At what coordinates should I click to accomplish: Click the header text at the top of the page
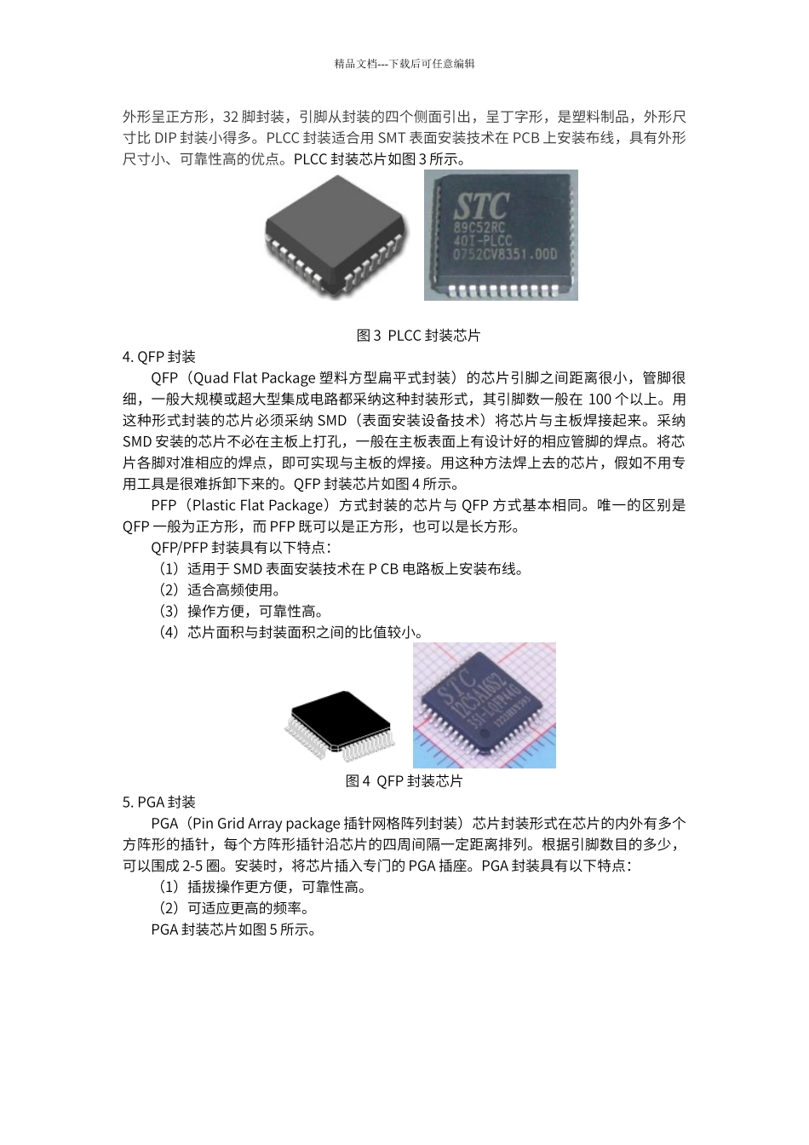[404, 63]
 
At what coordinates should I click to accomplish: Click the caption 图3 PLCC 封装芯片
[418, 336]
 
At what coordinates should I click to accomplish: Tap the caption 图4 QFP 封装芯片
[404, 780]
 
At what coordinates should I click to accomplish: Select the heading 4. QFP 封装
[159, 357]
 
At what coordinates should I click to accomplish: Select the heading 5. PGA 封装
[159, 802]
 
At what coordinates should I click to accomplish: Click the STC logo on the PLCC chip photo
[480, 205]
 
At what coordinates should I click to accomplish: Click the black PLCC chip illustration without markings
[335, 241]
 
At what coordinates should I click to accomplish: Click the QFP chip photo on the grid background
[484, 705]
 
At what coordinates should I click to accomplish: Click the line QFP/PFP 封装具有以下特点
[241, 548]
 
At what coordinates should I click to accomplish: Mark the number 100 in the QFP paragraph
[600, 400]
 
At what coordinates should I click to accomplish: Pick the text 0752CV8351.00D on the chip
[505, 253]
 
